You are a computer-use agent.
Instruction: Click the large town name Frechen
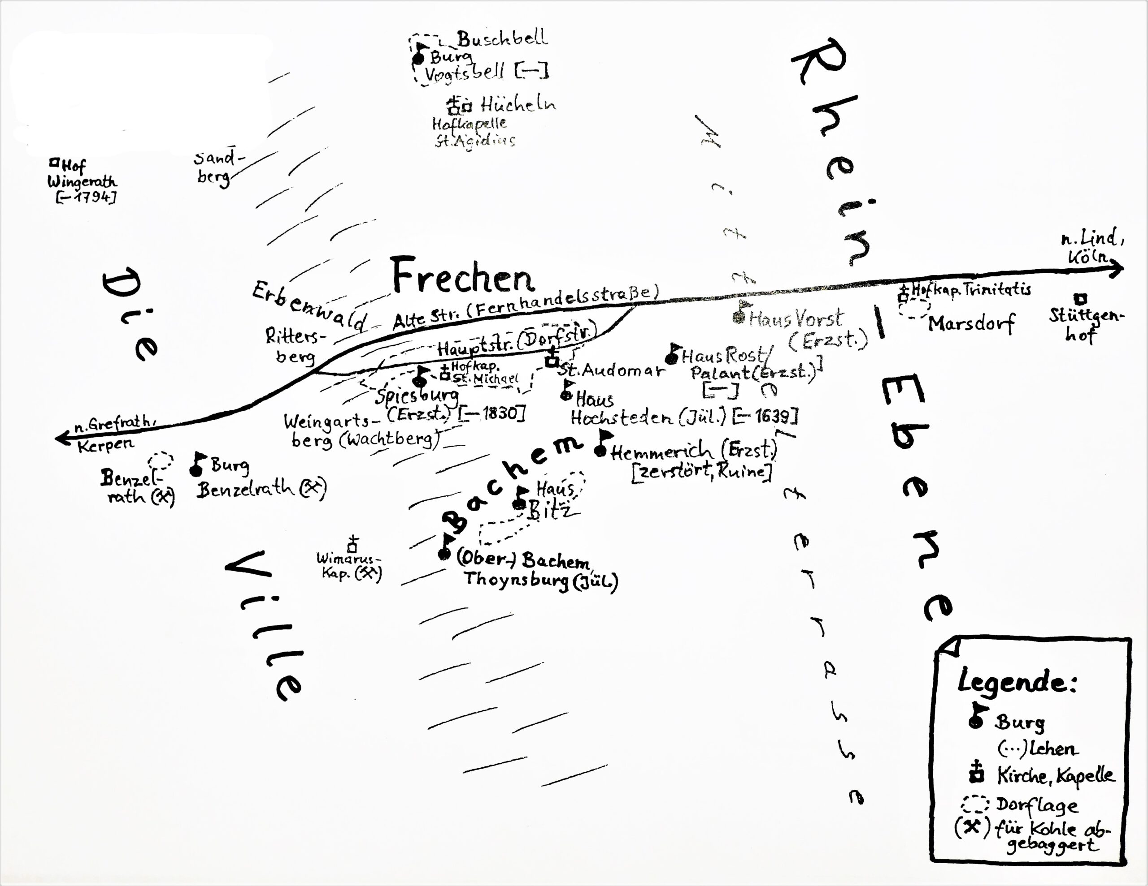point(463,276)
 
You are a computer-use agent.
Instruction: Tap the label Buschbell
point(502,39)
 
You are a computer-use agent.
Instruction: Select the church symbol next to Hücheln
point(457,106)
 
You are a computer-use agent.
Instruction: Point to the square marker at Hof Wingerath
point(54,163)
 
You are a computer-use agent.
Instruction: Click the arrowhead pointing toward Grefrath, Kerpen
point(62,438)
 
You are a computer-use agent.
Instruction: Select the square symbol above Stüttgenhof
point(1080,299)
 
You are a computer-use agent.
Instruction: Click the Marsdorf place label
point(971,323)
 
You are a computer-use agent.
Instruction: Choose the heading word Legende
point(1017,682)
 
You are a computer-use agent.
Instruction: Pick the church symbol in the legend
point(976,773)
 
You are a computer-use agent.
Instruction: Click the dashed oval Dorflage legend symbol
point(975,804)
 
